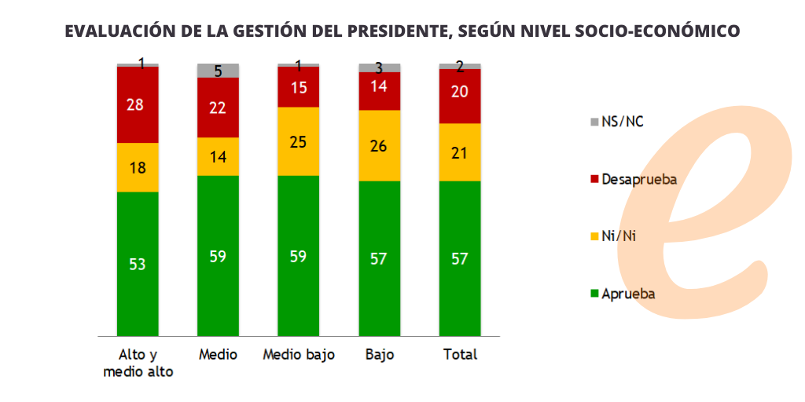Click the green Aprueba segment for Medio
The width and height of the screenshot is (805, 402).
pos(218,255)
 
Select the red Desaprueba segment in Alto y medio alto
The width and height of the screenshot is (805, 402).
pos(138,104)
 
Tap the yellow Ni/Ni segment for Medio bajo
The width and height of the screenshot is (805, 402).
pos(298,141)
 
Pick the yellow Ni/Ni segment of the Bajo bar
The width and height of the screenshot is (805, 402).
pos(379,145)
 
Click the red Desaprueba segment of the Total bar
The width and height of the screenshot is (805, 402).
pos(460,96)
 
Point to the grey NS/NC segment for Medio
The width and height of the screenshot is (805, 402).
pos(218,71)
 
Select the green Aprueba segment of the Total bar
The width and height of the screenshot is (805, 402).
pos(460,258)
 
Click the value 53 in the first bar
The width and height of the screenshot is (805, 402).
pos(138,265)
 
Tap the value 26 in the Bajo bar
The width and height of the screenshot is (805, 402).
pos(379,145)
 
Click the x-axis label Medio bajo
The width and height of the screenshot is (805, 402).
pos(298,355)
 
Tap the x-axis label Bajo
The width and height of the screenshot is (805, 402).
pos(379,355)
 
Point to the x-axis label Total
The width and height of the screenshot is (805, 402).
pos(460,355)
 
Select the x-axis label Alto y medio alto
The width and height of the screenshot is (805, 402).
pos(138,363)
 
